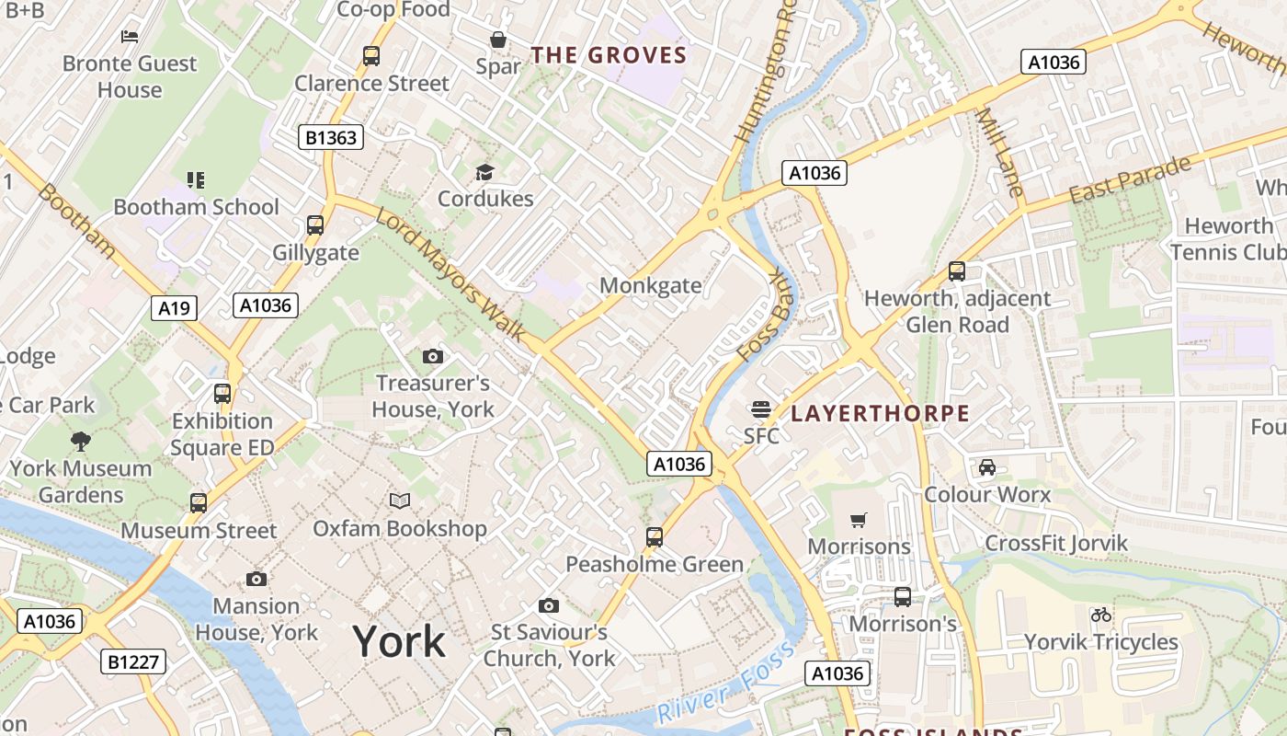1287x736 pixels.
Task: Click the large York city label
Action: [x=399, y=641]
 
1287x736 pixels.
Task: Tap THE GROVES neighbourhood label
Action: [x=609, y=55]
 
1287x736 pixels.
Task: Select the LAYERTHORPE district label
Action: [x=880, y=413]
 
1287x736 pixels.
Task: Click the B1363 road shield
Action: [x=332, y=138]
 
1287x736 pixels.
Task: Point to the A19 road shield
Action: [x=174, y=308]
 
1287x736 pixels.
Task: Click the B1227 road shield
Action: [x=133, y=661]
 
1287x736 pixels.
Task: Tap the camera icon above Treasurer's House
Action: [x=433, y=356]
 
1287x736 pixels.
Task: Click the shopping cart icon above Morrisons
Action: [x=859, y=521]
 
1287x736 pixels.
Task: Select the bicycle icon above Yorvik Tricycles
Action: [x=1100, y=615]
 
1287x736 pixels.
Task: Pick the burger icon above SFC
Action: [x=760, y=408]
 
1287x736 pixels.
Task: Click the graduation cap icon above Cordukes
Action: [x=484, y=172]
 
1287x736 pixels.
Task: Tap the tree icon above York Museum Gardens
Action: [x=81, y=441]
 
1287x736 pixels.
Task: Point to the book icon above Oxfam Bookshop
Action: [x=399, y=501]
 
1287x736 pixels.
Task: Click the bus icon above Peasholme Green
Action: [x=655, y=536]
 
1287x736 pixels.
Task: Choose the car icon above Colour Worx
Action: [x=987, y=467]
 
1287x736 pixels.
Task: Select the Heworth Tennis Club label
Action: [x=1228, y=238]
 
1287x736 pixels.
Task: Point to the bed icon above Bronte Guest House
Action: [x=130, y=36]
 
